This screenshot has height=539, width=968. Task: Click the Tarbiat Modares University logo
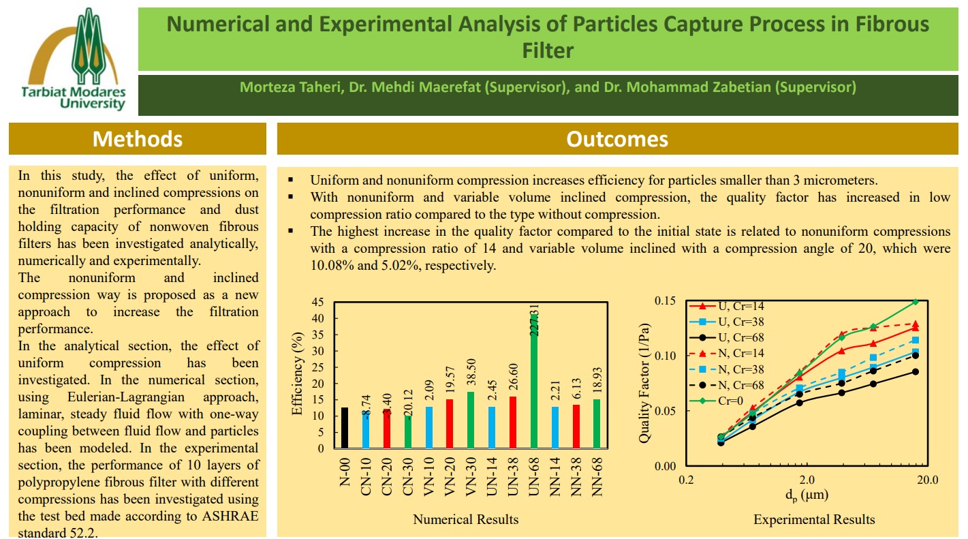point(73,59)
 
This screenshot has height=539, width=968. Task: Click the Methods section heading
point(138,139)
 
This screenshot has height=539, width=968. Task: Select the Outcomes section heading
point(617,139)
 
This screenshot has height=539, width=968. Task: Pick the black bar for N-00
point(345,428)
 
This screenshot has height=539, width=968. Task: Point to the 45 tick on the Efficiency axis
point(319,303)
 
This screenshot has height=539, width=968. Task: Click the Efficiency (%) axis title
point(297,375)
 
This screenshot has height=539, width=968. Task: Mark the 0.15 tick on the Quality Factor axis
point(665,301)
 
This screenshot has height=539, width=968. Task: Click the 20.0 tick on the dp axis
point(927,480)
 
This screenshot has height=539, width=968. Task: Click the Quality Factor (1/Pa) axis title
point(644,383)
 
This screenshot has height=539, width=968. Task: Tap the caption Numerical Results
point(465,519)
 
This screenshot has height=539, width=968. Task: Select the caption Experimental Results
point(814,519)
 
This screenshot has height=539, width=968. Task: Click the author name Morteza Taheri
point(280,87)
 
